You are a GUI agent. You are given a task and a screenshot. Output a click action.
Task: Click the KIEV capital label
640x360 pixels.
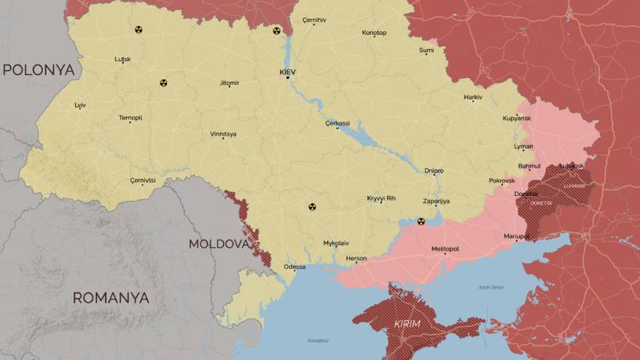pos(288,72)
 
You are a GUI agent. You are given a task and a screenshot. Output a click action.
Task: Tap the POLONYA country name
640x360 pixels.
pos(39,70)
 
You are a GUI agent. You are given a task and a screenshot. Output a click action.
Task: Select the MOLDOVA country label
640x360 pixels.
pos(219,243)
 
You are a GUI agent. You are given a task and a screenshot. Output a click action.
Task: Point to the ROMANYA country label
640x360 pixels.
pos(111,297)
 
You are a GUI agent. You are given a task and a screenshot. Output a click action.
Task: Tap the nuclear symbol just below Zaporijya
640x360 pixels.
pos(421,222)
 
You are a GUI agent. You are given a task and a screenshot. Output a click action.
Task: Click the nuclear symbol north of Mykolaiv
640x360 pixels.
pos(313,207)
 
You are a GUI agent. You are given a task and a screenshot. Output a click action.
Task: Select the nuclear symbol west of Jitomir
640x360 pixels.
pos(163,83)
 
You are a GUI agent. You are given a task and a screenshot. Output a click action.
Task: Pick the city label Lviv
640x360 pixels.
pos(80,106)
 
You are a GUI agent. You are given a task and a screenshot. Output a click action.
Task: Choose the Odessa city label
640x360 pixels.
pos(294,267)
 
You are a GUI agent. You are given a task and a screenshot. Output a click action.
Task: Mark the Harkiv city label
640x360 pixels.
pos(473,97)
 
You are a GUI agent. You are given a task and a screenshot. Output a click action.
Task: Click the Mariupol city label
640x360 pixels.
pos(516,236)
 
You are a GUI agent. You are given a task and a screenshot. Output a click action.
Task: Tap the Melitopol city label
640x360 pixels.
pos(445,249)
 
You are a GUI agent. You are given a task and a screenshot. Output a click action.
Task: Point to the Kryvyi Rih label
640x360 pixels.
pos(381,198)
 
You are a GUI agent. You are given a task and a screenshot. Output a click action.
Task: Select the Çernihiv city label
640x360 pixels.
pos(314,20)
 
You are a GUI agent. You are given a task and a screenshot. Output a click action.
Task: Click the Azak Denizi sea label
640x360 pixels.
pos(491,287)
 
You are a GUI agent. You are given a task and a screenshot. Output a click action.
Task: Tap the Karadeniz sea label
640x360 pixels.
pos(318,340)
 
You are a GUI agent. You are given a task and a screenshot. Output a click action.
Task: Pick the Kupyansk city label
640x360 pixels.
pos(517,118)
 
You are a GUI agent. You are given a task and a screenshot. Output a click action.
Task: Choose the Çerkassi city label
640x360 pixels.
pos(337,123)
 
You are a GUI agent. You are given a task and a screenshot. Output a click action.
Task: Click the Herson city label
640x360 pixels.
pos(356,258)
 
